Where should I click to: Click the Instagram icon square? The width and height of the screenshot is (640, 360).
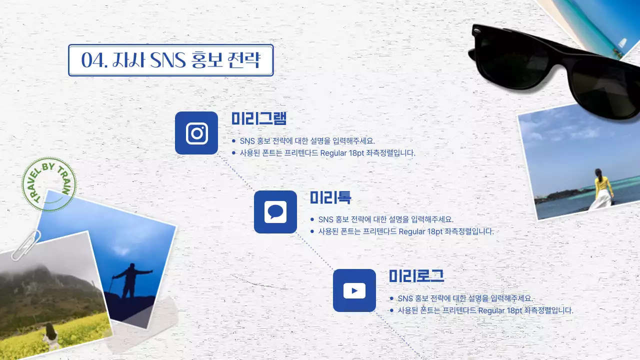pos(196,133)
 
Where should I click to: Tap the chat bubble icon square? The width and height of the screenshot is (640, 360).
pos(275,212)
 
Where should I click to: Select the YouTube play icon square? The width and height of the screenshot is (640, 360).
pos(354,290)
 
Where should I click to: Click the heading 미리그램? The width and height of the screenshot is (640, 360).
pos(258,119)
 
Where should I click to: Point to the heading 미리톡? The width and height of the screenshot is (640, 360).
pos(330,198)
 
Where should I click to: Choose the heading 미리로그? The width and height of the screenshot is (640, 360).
pos(416,276)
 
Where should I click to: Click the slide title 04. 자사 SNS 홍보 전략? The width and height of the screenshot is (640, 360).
pos(171,60)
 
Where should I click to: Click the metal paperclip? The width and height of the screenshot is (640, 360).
pos(26,244)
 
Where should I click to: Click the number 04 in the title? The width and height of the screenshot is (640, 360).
pos(91,60)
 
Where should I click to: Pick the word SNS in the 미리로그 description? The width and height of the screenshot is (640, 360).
pos(405,298)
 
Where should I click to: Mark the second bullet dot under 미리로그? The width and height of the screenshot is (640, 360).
pos(391,310)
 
